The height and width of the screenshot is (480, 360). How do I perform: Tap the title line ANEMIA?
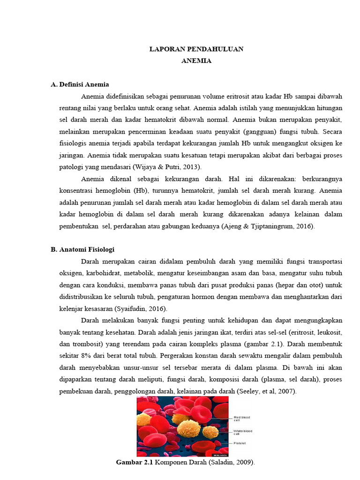[196, 61]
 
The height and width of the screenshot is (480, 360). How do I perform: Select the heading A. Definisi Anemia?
[80, 84]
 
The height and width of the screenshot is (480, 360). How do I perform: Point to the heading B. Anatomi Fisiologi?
[82, 249]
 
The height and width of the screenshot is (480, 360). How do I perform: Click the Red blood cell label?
[243, 418]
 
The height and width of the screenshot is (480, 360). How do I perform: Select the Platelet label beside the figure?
[240, 443]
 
